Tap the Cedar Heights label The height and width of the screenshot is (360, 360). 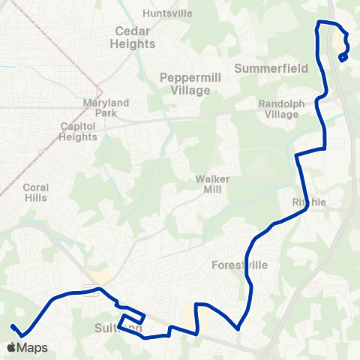(134, 37)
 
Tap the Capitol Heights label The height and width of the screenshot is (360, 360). (79, 132)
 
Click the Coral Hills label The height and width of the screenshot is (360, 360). (36, 193)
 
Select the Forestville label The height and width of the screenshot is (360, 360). (240, 265)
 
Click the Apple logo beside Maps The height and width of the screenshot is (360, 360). (11, 347)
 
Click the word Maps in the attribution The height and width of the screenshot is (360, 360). (33, 348)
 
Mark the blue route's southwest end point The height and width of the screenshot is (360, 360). (13, 326)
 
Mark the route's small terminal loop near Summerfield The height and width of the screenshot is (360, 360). (343, 57)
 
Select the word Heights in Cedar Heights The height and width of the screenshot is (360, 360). (134, 43)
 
